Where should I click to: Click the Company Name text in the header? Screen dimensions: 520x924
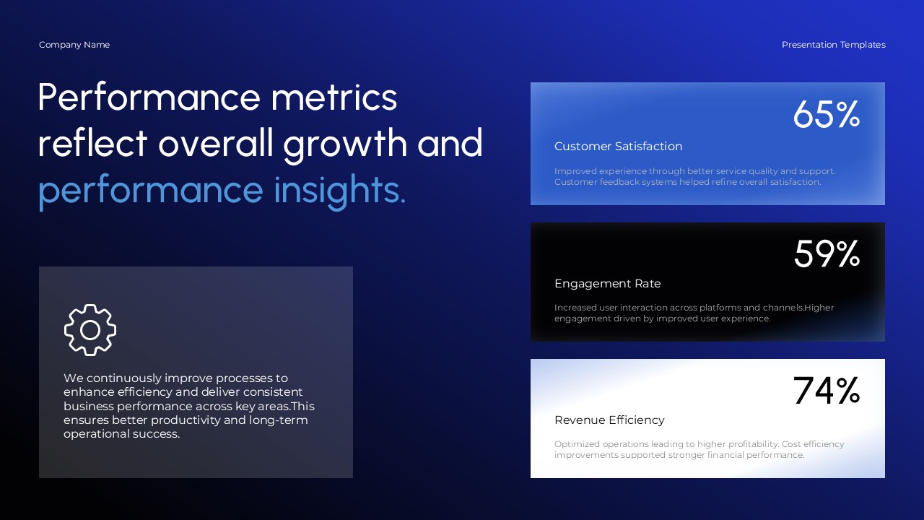[x=74, y=45]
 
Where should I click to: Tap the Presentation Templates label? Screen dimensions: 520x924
[x=833, y=45]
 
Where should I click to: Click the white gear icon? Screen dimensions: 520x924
[x=90, y=330]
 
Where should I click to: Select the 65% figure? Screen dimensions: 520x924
[x=826, y=115]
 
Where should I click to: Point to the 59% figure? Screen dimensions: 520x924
[x=827, y=254]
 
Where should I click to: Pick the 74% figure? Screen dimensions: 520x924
[x=826, y=391]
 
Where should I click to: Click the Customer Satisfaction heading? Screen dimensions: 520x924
[x=618, y=147]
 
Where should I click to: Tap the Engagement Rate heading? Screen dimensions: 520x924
[x=607, y=284]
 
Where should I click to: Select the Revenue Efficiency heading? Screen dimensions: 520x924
[x=609, y=420]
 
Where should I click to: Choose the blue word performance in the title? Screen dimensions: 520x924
[x=150, y=190]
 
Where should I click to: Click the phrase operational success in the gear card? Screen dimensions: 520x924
[x=121, y=434]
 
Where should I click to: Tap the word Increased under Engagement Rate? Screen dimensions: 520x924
[x=575, y=308]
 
